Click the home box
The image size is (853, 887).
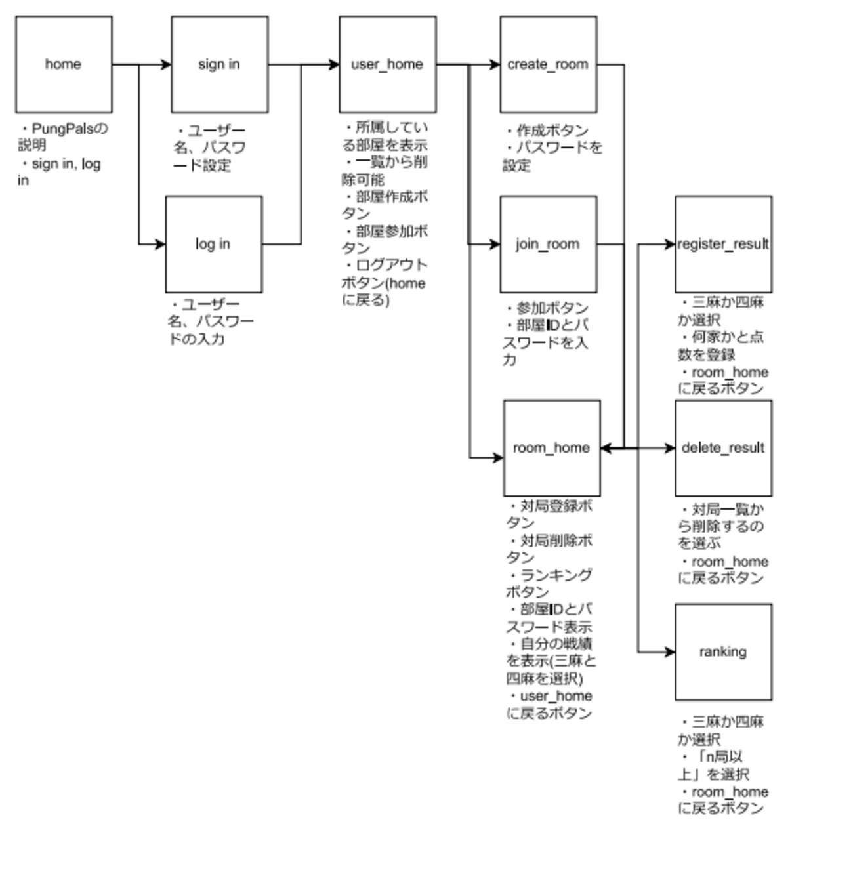point(64,64)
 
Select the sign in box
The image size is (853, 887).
point(219,64)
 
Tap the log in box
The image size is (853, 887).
point(213,244)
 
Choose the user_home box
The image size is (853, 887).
point(387,64)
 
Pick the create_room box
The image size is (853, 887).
point(548,64)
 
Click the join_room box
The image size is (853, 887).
point(548,244)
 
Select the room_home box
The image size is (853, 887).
point(551,448)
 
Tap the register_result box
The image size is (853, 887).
point(723,244)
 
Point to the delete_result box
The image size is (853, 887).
point(723,448)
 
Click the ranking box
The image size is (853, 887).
point(723,652)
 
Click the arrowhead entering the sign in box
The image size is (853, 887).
point(166,64)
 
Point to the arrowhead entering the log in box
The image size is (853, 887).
point(160,244)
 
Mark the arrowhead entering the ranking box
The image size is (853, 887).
point(670,652)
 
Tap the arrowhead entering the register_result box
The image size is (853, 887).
point(670,244)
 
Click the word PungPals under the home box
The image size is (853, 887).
point(62,129)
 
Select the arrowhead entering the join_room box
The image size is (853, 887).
point(495,244)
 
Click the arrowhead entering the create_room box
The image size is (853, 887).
point(495,64)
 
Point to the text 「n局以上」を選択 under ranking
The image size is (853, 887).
point(715,766)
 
